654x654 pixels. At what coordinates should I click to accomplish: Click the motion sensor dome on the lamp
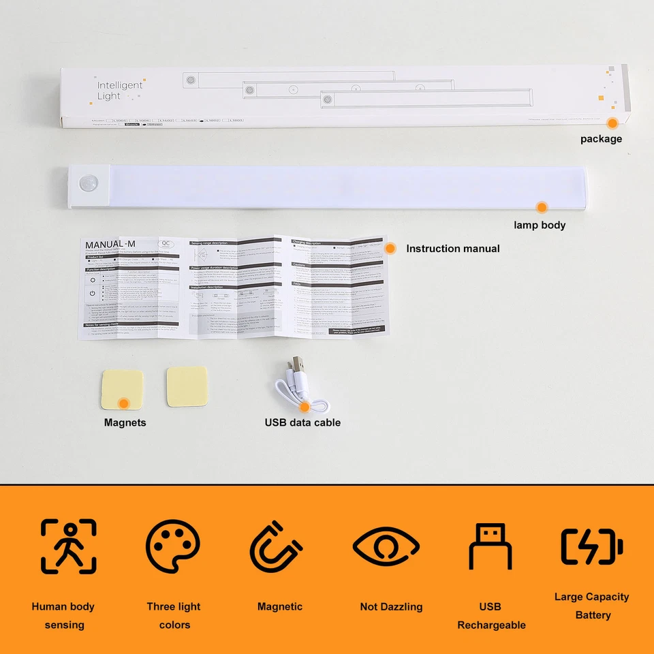[x=87, y=185]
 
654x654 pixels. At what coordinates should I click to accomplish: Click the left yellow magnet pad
[x=122, y=390]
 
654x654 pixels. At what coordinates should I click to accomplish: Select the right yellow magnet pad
[x=187, y=386]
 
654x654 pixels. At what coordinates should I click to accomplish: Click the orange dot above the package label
[x=612, y=123]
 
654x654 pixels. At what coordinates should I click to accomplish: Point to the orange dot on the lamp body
[x=542, y=207]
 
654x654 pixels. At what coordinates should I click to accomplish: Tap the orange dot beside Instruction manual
[x=390, y=249]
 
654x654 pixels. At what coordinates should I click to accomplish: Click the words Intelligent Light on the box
[x=119, y=91]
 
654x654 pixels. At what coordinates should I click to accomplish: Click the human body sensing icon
[x=68, y=546]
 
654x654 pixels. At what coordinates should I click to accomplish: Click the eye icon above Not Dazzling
[x=386, y=546]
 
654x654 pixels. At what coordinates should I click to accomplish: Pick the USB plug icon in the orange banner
[x=490, y=546]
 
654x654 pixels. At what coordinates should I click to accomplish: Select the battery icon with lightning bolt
[x=591, y=546]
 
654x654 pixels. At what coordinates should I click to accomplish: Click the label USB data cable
[x=302, y=422]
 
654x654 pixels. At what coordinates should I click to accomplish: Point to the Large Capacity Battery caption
[x=591, y=606]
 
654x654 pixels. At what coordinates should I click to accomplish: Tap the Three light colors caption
[x=174, y=615]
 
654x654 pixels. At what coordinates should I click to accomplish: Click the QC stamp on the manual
[x=166, y=243]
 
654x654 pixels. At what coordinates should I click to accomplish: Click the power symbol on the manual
[x=92, y=294]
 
